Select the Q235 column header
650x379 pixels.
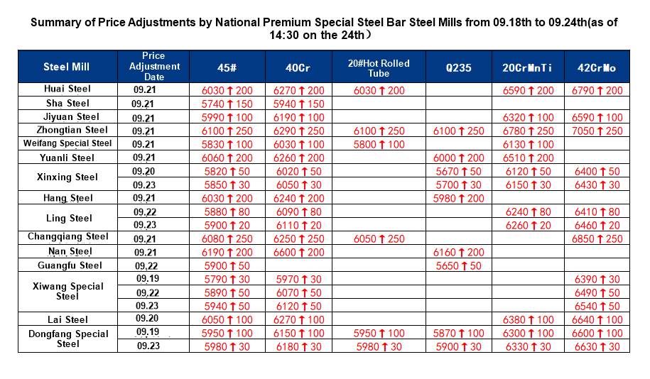pyautogui.click(x=458, y=68)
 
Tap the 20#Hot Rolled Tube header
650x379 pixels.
pyautogui.click(x=379, y=68)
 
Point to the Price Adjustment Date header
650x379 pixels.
pyautogui.click(x=153, y=66)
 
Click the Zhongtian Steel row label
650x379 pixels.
pyautogui.click(x=67, y=130)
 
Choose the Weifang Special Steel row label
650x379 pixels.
pyautogui.click(x=67, y=143)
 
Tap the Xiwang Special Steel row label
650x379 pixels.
pyautogui.click(x=67, y=291)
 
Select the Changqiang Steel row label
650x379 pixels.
pyautogui.click(x=67, y=236)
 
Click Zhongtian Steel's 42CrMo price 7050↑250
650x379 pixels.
pyautogui.click(x=597, y=131)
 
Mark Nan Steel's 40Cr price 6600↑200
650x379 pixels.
pyautogui.click(x=298, y=252)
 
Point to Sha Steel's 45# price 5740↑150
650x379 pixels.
pyautogui.click(x=227, y=104)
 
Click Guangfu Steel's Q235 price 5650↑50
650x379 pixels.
pyautogui.click(x=458, y=266)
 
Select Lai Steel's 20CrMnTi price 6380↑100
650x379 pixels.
pyautogui.click(x=528, y=320)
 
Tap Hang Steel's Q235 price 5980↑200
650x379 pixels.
pyautogui.click(x=458, y=199)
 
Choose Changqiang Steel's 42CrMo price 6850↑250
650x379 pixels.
pyautogui.click(x=597, y=239)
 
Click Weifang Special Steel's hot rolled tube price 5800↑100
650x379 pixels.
pyautogui.click(x=379, y=144)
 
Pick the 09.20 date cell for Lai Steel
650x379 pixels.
pyautogui.click(x=146, y=319)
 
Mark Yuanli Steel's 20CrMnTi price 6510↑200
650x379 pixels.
pyautogui.click(x=528, y=158)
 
